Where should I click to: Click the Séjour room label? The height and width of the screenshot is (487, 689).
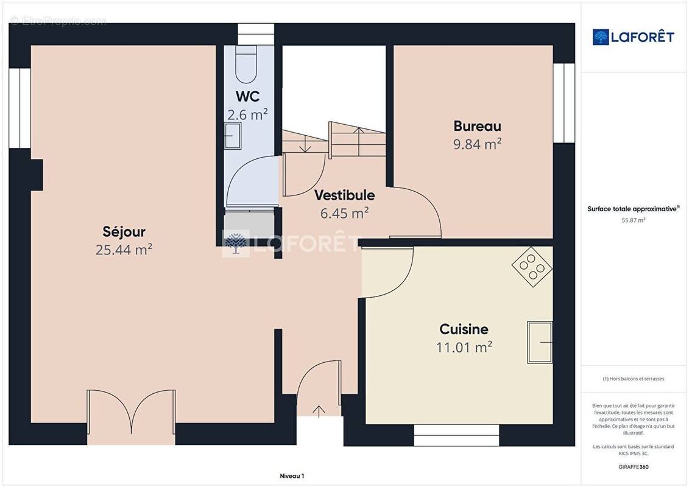point(124,232)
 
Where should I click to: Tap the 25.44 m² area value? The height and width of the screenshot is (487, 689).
point(124,250)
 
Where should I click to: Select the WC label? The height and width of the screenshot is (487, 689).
point(247,97)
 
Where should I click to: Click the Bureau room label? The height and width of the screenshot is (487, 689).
point(477,126)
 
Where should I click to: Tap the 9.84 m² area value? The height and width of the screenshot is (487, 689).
point(477,144)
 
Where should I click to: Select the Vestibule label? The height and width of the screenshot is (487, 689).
point(344,195)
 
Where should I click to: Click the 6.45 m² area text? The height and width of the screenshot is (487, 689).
point(344,213)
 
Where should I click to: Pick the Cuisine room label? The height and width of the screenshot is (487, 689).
point(464,329)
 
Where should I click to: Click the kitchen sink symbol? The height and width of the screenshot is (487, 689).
point(540,342)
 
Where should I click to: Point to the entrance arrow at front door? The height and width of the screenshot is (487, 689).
point(319,410)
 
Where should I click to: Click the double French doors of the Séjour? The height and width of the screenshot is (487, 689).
point(132,417)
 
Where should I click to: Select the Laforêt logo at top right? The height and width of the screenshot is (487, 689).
point(634,37)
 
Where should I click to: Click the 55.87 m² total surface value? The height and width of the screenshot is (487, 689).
point(634,220)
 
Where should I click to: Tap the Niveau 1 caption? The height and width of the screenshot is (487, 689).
point(292,476)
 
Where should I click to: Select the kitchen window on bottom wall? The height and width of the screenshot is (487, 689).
point(457,435)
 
